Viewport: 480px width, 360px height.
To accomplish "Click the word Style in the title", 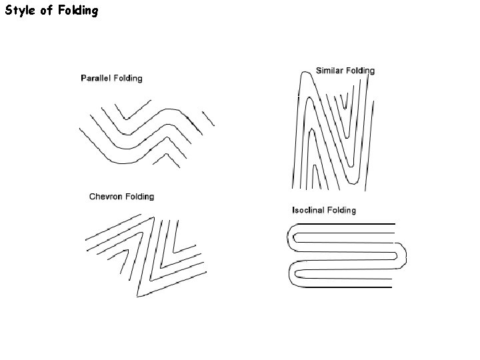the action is point(21,11).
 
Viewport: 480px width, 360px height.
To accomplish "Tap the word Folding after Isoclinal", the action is point(342,210).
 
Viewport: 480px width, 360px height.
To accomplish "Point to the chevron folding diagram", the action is point(145,253).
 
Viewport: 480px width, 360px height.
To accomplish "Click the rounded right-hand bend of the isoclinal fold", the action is point(404,255).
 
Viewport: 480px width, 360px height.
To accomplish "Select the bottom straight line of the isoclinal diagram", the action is point(347,287).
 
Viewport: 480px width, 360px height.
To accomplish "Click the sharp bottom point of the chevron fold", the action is point(139,295).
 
